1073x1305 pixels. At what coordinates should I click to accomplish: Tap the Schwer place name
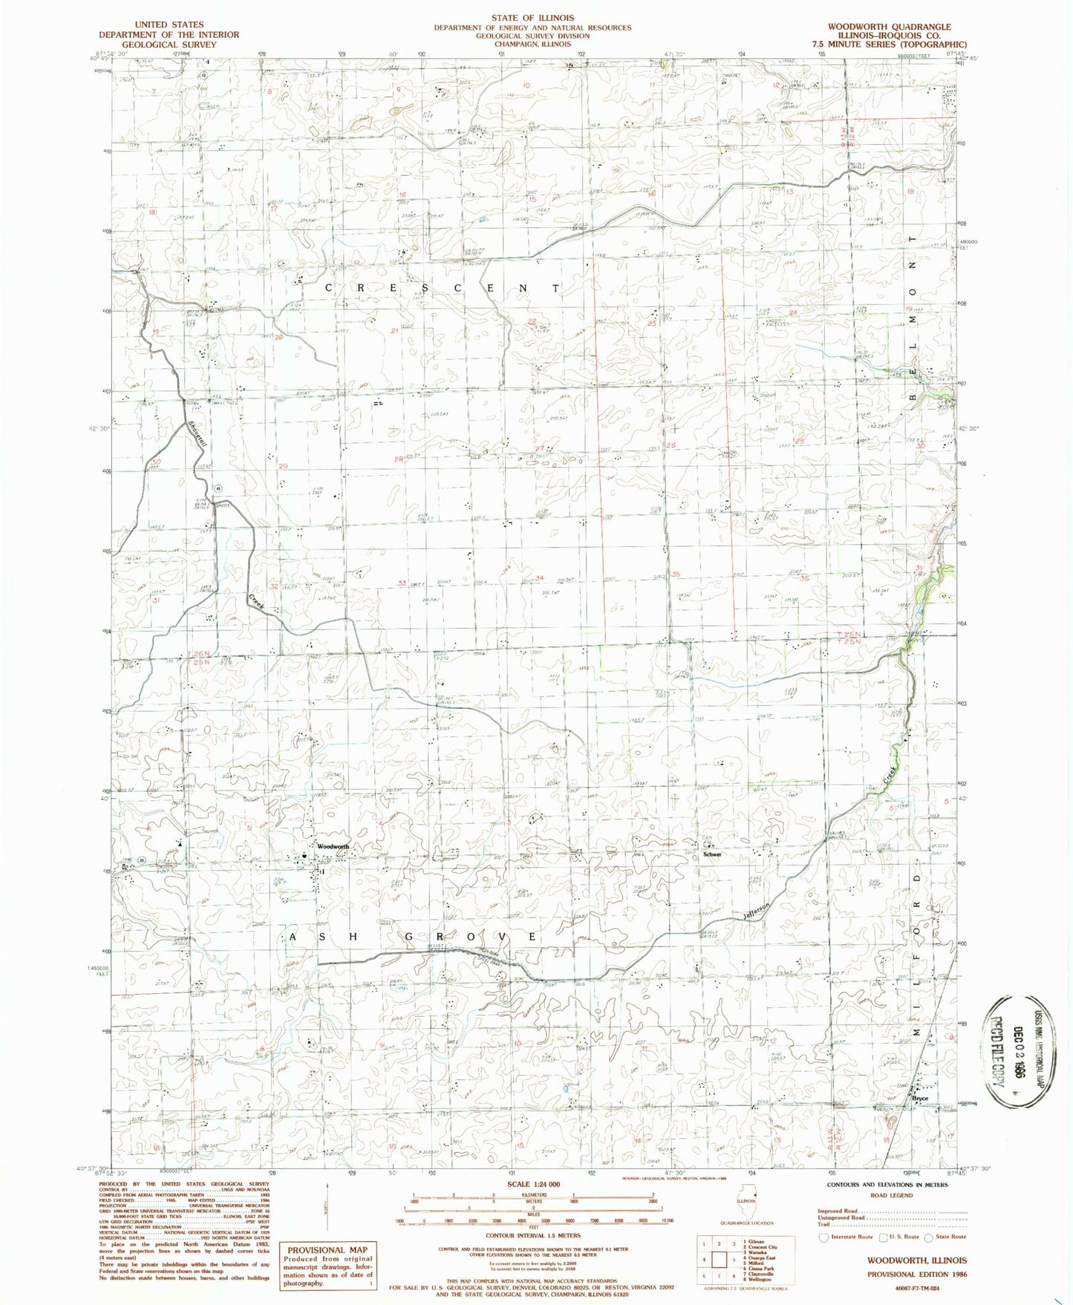[712, 854]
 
